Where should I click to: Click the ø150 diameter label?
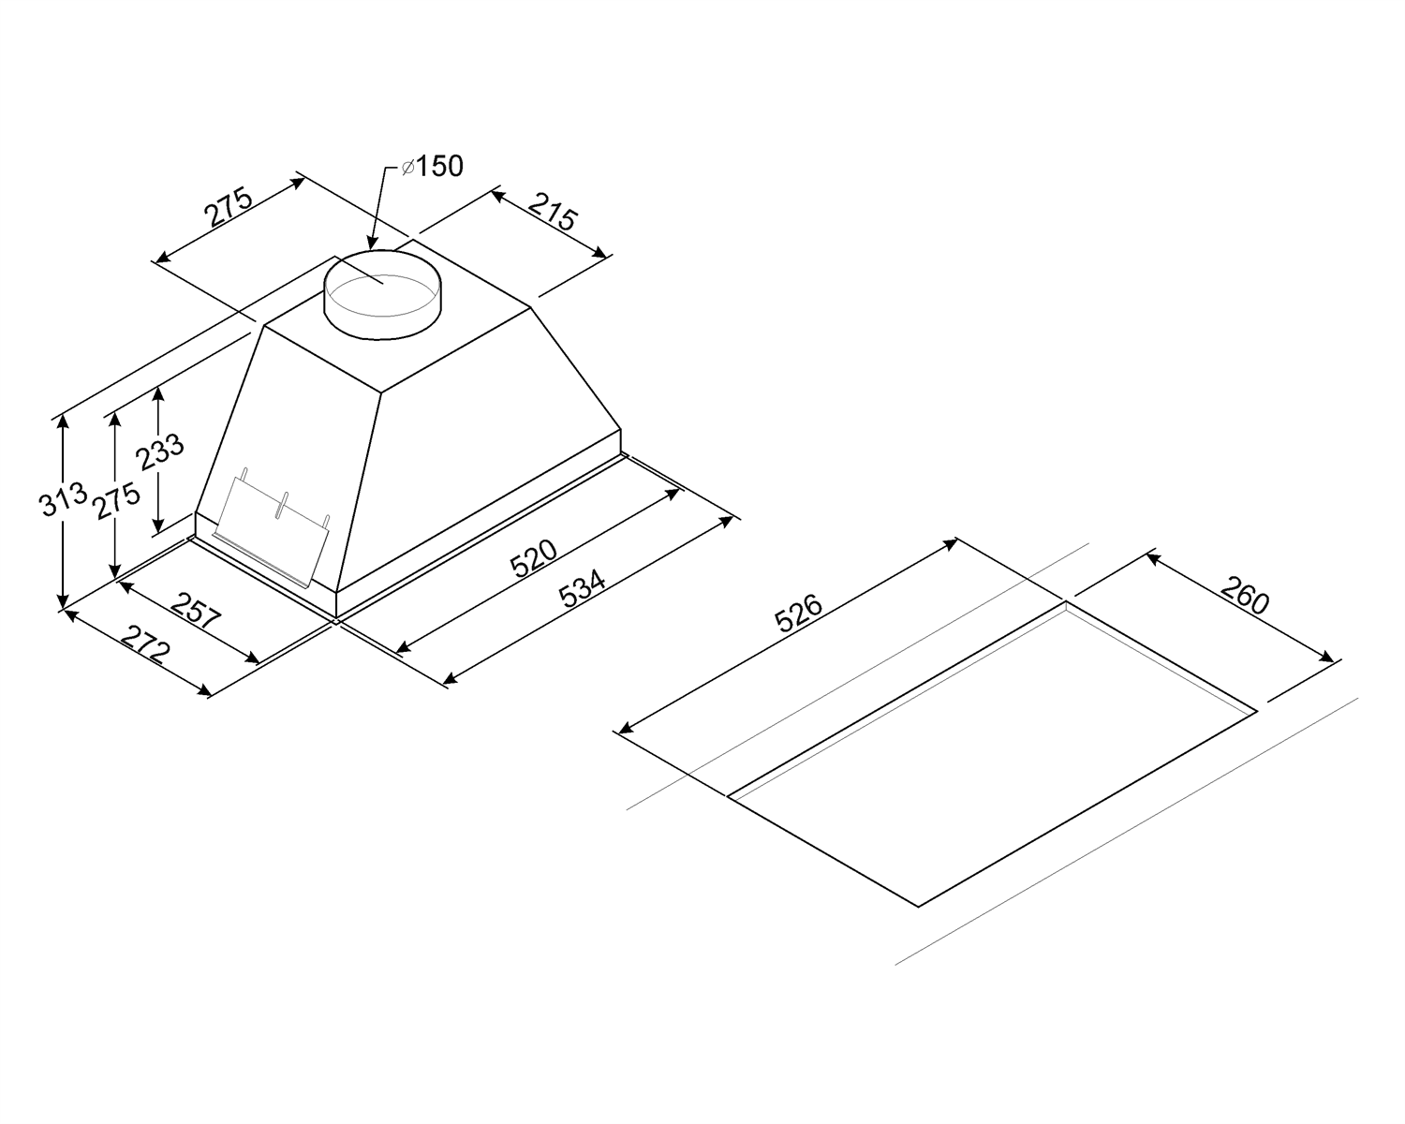point(432,167)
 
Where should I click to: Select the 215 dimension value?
point(553,211)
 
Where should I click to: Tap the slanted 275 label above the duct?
point(229,207)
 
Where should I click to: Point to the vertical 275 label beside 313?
point(117,500)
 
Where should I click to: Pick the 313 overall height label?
point(64,498)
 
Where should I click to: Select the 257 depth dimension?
point(197,611)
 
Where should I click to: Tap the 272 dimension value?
point(147,644)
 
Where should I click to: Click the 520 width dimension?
point(534,557)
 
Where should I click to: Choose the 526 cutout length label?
point(799,613)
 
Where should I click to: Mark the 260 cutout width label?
point(1245,595)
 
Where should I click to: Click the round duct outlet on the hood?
point(382,294)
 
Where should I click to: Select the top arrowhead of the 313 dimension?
point(63,421)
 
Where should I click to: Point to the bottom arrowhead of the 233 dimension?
point(158,525)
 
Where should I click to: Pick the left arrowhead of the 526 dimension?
point(626,728)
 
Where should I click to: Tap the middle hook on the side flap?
point(281,505)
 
